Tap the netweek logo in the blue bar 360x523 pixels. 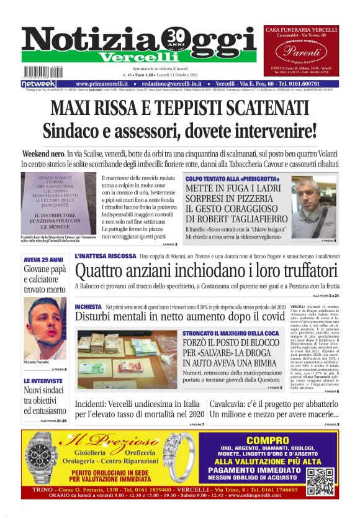(38, 84)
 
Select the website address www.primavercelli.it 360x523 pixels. (102, 84)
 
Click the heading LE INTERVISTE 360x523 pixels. (43, 381)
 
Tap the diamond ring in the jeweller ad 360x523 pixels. (179, 457)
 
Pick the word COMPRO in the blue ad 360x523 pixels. (268, 440)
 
